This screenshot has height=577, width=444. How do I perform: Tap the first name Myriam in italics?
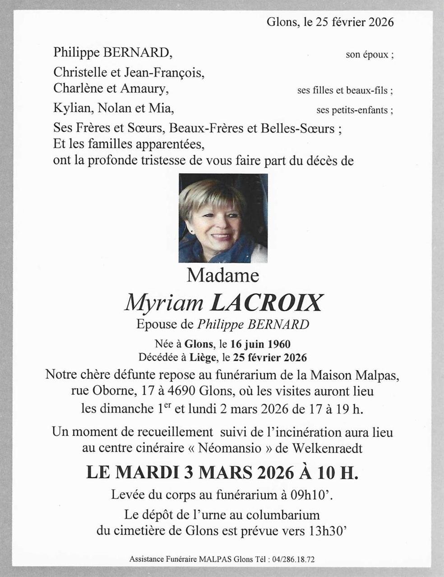pyautogui.click(x=164, y=303)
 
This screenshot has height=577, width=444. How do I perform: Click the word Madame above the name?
pyautogui.click(x=223, y=275)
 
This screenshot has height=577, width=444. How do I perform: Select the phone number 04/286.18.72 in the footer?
pyautogui.click(x=293, y=559)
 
